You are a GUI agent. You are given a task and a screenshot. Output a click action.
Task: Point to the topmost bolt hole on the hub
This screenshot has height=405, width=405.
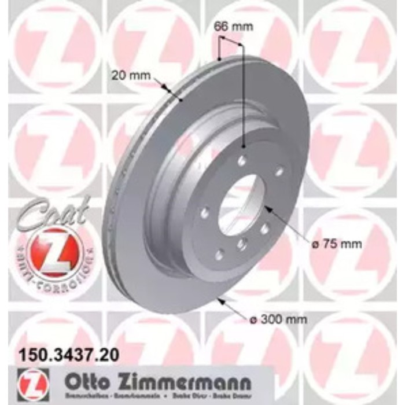click(242, 161)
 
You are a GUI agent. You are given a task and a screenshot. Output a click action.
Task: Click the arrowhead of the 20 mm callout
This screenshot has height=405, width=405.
click(168, 90)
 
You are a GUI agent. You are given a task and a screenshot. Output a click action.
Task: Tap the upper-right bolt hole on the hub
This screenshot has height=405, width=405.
click(279, 171)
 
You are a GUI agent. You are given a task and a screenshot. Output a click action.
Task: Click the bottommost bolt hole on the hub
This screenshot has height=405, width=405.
click(219, 253)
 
